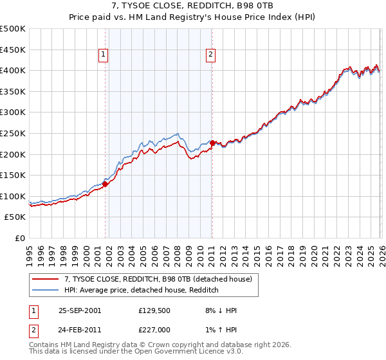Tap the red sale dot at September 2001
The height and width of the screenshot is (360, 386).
(x=105, y=184)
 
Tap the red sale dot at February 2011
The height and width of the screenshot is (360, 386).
(x=212, y=143)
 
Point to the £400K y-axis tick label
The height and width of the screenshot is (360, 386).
(x=13, y=70)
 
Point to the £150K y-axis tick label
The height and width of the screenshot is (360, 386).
(x=13, y=175)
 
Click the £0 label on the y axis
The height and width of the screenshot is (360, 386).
(x=19, y=238)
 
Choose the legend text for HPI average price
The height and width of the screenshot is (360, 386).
(x=142, y=291)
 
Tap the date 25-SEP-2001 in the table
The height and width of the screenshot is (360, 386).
(x=80, y=310)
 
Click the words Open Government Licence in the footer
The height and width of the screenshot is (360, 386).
(x=181, y=352)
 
